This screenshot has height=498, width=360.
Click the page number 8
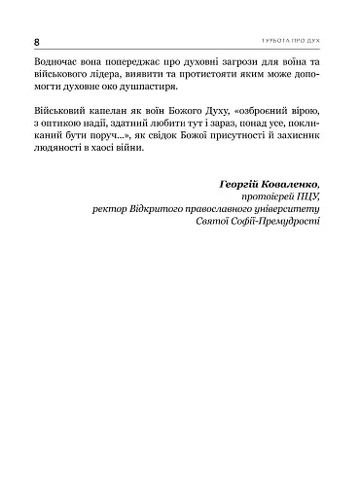[36, 44]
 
